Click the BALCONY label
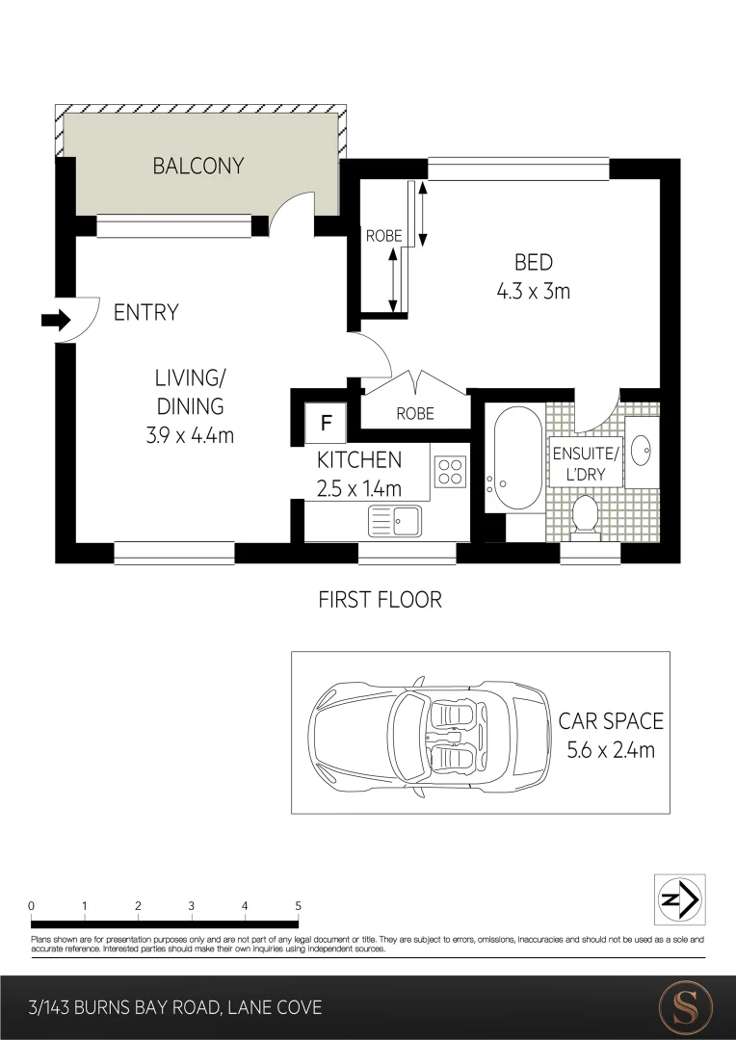click(197, 166)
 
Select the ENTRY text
click(145, 312)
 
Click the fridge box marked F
click(326, 422)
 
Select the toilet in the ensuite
click(585, 514)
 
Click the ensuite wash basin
click(643, 449)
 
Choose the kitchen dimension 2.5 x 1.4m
click(358, 488)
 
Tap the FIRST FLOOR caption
click(380, 600)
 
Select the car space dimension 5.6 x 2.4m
click(610, 749)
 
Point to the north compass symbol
click(680, 899)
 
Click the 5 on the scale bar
click(298, 906)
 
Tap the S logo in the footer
click(684, 1008)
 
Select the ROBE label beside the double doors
click(415, 414)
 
